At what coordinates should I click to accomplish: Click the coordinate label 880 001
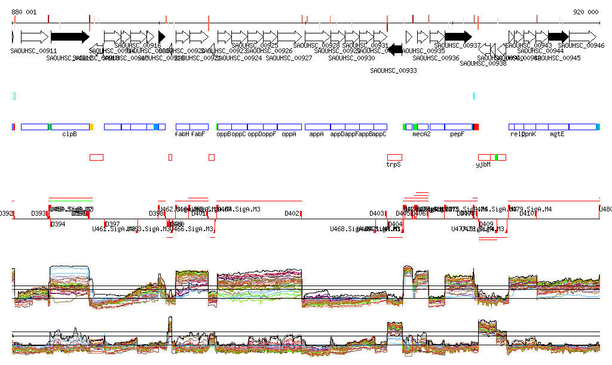pyautogui.click(x=24, y=12)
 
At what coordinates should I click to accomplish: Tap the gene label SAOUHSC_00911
pyautogui.click(x=33, y=51)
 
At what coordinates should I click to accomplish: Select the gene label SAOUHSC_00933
pyautogui.click(x=393, y=70)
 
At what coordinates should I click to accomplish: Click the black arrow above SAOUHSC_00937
pyautogui.click(x=458, y=36)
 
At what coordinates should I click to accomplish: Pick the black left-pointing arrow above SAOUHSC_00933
pyautogui.click(x=395, y=51)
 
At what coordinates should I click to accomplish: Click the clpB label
pyautogui.click(x=69, y=134)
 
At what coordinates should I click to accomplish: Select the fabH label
pyautogui.click(x=182, y=134)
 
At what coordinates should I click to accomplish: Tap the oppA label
pyautogui.click(x=289, y=134)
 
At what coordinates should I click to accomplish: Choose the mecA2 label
pyautogui.click(x=422, y=134)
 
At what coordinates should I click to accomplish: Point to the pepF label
pyautogui.click(x=457, y=134)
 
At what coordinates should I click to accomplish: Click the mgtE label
pyautogui.click(x=557, y=134)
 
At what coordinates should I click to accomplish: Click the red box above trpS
pyautogui.click(x=394, y=157)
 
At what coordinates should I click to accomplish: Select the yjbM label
pyautogui.click(x=483, y=164)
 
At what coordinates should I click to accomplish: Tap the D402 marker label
pyautogui.click(x=292, y=213)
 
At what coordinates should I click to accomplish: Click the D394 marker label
pyautogui.click(x=58, y=225)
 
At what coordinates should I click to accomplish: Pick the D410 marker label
pyautogui.click(x=528, y=213)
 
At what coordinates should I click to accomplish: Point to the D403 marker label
pyautogui.click(x=377, y=213)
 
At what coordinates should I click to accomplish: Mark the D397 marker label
pyautogui.click(x=112, y=225)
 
